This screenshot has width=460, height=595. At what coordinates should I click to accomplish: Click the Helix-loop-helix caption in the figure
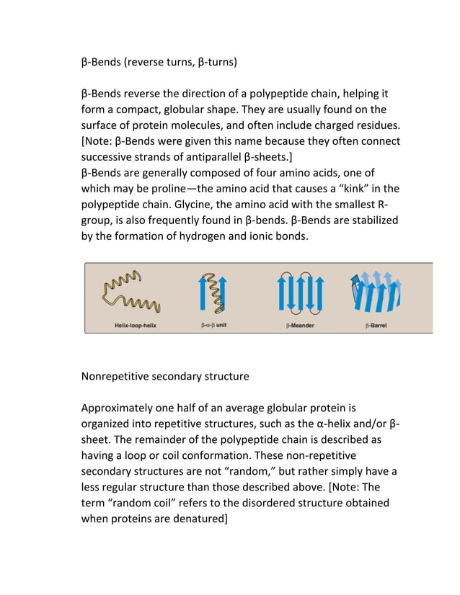click(x=136, y=326)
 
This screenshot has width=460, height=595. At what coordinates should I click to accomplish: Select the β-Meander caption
click(x=300, y=326)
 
